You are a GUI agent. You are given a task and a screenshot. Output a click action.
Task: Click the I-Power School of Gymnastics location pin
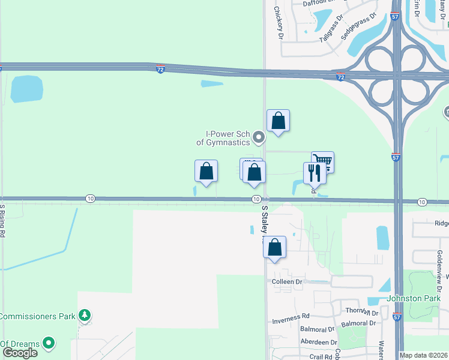pyautogui.click(x=259, y=138)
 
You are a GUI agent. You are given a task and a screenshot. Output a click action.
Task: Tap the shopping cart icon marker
pyautogui.click(x=323, y=161)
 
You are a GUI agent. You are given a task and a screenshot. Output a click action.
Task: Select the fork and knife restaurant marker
pyautogui.click(x=315, y=173)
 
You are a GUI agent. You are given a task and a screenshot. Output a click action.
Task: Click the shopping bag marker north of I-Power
pyautogui.click(x=278, y=120)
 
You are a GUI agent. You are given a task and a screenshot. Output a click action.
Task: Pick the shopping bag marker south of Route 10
pyautogui.click(x=274, y=247)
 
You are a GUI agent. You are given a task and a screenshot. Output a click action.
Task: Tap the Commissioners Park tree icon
pyautogui.click(x=85, y=315)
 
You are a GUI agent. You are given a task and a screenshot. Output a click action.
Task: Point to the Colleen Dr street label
pyautogui.click(x=286, y=282)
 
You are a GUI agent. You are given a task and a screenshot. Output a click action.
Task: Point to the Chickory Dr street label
pyautogui.click(x=278, y=23)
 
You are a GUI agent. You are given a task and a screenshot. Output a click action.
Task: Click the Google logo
pyautogui.click(x=19, y=353)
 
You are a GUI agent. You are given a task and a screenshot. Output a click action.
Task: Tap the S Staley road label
pyautogui.click(x=265, y=221)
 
